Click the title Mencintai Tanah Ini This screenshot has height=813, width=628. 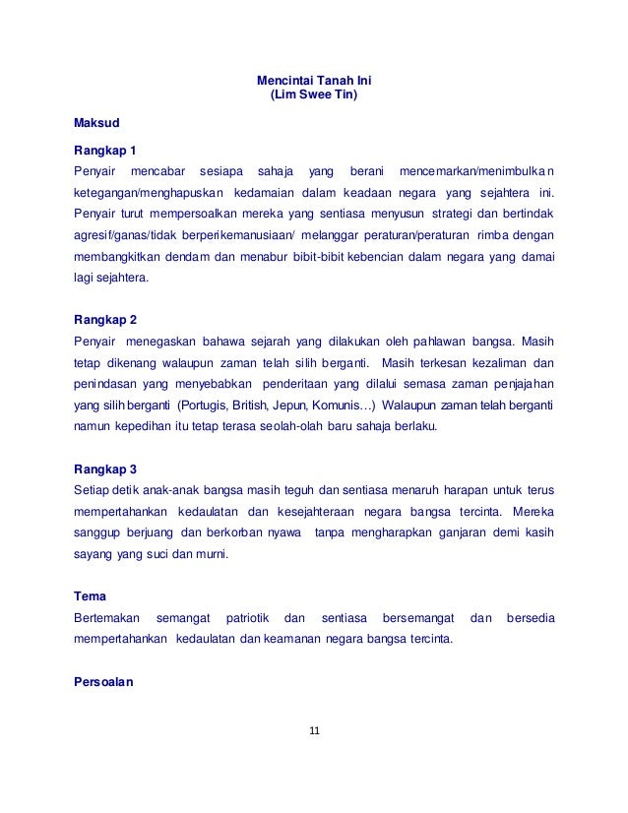coord(313,81)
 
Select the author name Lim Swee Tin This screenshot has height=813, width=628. coord(314,95)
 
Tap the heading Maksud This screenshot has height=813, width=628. coord(95,124)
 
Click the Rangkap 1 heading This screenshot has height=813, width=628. coord(105,152)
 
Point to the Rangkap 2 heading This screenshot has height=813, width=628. coord(105,320)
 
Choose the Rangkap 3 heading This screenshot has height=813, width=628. coord(105,468)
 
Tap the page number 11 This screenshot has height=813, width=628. coord(314,731)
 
